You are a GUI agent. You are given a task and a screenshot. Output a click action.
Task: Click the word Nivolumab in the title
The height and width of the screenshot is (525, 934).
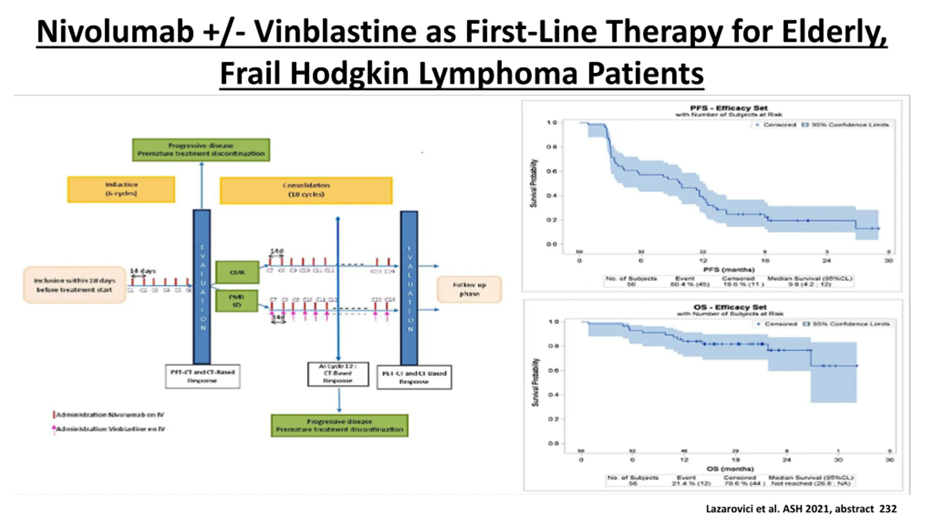[115, 32]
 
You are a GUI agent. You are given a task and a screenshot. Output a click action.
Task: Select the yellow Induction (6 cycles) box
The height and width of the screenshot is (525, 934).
[121, 189]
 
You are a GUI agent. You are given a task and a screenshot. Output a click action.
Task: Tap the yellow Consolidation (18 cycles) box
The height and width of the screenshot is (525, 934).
[306, 190]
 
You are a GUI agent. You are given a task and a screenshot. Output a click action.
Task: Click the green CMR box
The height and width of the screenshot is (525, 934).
[237, 272]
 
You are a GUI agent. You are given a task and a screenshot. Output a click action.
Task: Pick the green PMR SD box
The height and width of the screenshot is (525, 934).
[236, 301]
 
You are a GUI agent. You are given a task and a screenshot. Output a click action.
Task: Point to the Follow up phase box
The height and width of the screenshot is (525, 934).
[469, 289]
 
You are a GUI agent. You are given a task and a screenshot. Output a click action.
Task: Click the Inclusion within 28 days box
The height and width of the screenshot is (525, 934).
[74, 285]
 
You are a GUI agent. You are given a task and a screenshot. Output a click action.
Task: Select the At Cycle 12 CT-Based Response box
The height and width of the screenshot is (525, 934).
[338, 374]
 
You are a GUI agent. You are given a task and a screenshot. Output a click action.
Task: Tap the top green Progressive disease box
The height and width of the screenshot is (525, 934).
[201, 150]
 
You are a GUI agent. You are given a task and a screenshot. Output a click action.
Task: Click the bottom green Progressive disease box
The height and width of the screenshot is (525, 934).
[339, 425]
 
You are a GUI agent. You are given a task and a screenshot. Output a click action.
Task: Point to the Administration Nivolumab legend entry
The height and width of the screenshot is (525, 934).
[109, 415]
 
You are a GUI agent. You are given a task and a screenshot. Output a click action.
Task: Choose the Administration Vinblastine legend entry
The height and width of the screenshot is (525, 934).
[109, 429]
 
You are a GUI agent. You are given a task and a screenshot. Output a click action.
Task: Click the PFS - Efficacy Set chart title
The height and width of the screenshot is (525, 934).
[729, 108]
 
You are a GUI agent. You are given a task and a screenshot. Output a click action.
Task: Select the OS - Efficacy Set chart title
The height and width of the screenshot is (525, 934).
[730, 307]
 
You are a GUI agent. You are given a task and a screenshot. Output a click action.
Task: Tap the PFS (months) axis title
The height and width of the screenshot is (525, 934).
[729, 270]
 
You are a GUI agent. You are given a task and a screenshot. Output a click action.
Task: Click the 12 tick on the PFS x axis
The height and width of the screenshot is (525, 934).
[703, 261]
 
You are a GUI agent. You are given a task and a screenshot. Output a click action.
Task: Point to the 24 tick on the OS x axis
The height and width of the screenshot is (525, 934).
[787, 460]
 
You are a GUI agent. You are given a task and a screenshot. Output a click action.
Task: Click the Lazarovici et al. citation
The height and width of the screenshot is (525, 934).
[801, 509]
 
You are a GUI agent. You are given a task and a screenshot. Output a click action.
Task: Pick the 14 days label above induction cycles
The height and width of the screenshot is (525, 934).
[143, 271]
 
